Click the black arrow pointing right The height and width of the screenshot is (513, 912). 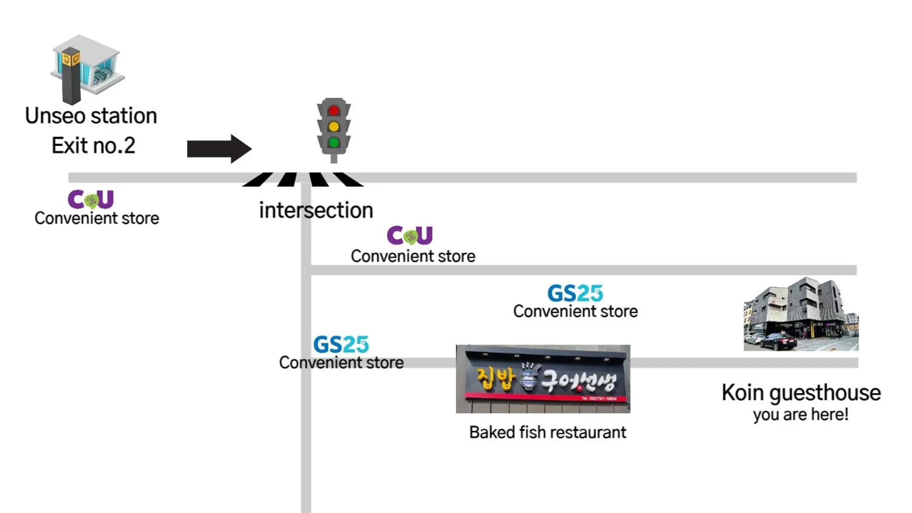coord(219,149)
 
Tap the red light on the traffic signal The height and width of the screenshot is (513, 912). coord(334,111)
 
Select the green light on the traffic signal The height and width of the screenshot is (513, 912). coord(334,142)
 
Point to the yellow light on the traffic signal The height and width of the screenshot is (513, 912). coord(334,127)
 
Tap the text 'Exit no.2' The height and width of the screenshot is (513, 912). coord(93,145)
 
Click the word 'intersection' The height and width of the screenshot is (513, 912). coord(316,210)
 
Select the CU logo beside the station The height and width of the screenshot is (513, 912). coord(91,199)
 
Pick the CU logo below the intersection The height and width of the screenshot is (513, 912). coord(410,235)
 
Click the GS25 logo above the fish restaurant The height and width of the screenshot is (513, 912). coord(575,293)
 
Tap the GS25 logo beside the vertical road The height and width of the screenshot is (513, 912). coord(341,344)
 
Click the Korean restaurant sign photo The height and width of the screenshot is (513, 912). coord(543,379)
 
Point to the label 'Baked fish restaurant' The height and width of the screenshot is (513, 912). coord(547,432)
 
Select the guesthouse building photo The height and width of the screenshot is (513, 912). coord(801,314)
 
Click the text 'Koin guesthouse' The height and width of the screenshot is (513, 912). coord(801,393)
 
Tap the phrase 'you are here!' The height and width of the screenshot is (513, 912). coord(801,415)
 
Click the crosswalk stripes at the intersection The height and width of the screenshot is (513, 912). coord(303,180)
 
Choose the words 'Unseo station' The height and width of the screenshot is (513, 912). coord(91,116)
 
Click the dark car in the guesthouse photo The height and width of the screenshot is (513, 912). coord(777,341)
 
